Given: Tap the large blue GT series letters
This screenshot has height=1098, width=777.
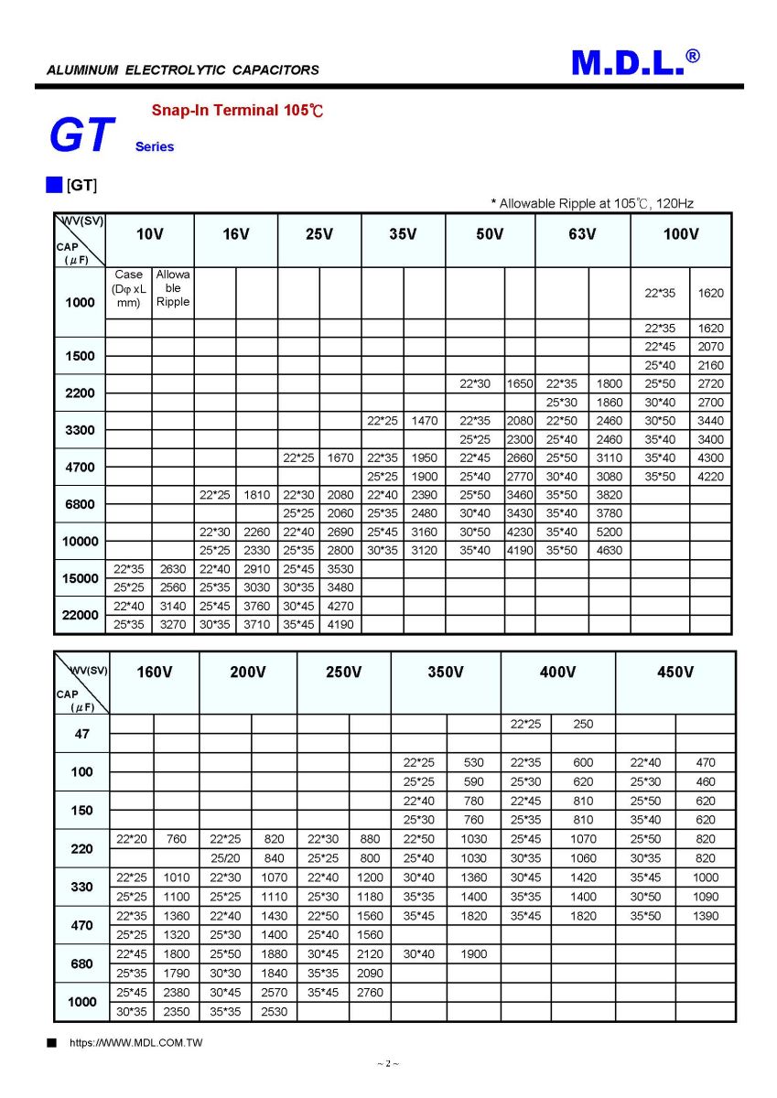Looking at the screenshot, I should (81, 135).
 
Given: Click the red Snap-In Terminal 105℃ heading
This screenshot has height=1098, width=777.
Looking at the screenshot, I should (237, 111).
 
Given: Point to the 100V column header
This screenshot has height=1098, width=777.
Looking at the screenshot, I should (681, 234).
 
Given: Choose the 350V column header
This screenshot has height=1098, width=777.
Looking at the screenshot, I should (446, 673).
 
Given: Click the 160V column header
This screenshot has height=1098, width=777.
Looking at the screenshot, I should (154, 673).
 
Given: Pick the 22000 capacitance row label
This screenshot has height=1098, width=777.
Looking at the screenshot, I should (80, 615).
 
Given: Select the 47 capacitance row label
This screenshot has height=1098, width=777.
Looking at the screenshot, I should (81, 734).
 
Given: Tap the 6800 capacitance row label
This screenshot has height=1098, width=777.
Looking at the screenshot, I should (80, 504).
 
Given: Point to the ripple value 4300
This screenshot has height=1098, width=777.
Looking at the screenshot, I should (710, 457).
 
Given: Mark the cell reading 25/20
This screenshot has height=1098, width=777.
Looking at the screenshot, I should (225, 858).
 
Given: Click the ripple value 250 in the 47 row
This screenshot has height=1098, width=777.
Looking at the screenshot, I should (583, 724).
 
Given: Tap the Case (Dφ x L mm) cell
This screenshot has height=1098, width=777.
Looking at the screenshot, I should (129, 288).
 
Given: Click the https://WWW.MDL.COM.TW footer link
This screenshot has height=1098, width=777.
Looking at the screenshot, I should (136, 1043).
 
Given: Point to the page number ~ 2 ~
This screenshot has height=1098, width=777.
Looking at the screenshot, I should (388, 1063).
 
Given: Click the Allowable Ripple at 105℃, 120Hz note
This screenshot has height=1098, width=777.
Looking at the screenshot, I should (593, 204).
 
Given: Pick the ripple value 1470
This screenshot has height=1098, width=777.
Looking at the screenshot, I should (425, 421).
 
